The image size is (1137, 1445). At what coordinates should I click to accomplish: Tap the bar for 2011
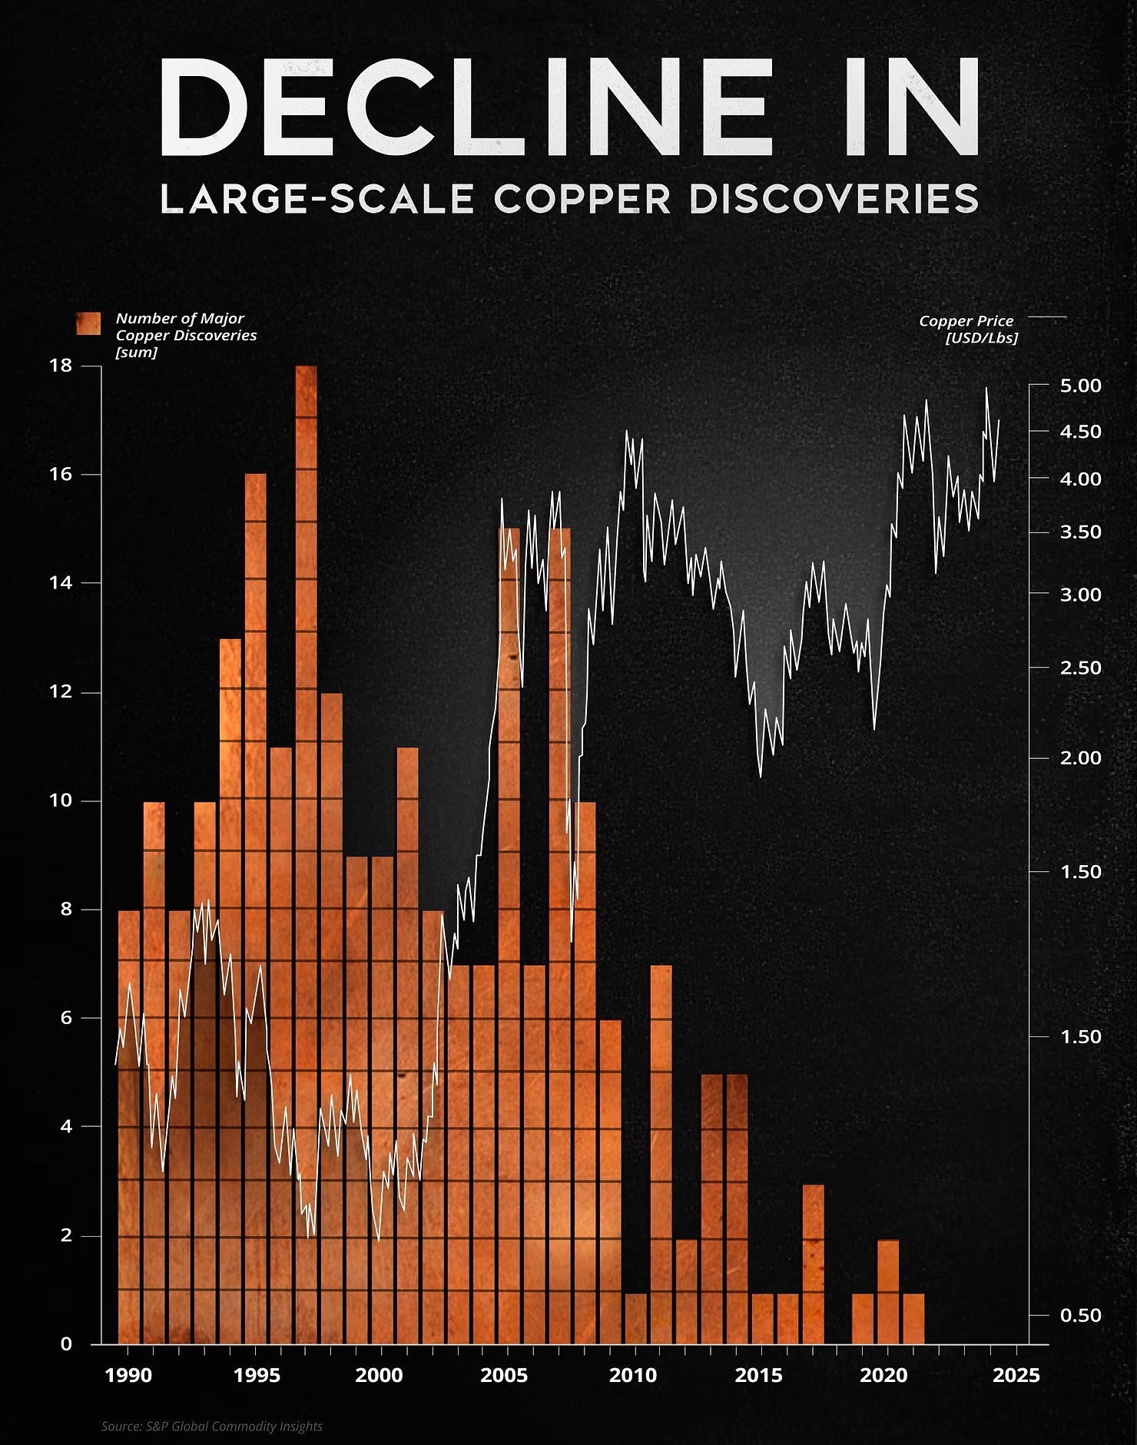pos(661,1152)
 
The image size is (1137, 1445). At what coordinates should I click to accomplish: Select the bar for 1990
pos(129,1114)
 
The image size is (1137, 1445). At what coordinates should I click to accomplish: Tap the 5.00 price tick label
pos(1080,386)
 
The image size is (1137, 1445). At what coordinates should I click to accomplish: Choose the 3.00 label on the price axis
pos(1080,595)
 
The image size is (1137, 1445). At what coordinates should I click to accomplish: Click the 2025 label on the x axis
pos(1017,1374)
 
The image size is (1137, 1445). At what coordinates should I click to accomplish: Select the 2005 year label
pos(504,1374)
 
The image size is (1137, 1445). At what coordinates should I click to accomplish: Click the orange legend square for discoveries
pos(88,324)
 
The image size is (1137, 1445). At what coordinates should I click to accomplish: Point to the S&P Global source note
pos(212,1427)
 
